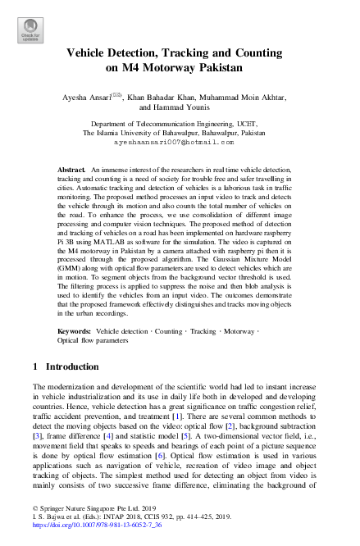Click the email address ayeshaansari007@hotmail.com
pyautogui.click(x=180, y=142)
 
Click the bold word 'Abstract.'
pyautogui.click(x=71, y=168)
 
